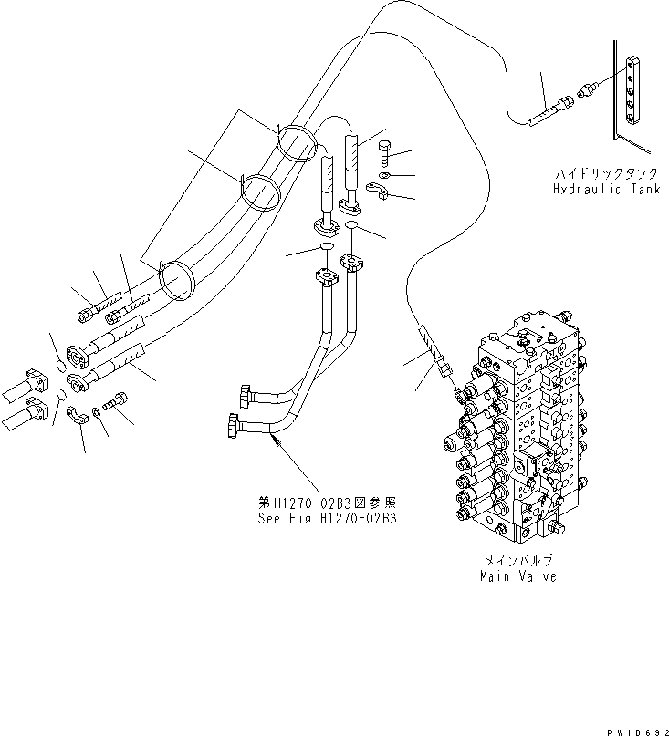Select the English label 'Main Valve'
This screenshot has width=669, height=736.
point(517,576)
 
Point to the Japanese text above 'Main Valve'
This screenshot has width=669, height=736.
point(517,561)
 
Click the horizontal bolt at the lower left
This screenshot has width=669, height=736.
point(117,400)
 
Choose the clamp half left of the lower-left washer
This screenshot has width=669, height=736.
point(78,416)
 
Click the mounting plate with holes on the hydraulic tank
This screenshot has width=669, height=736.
point(634,91)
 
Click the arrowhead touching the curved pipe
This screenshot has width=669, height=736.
point(276,441)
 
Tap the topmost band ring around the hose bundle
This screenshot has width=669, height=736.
point(296,143)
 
